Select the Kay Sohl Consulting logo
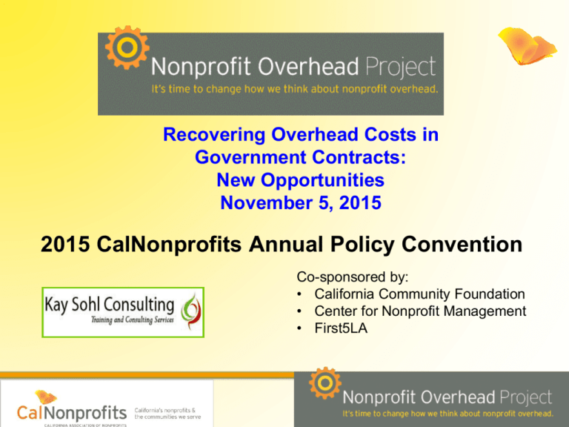[123, 311]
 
